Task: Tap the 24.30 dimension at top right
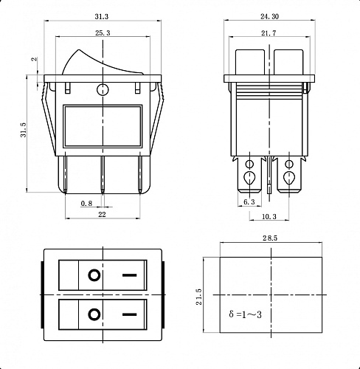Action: click(270, 15)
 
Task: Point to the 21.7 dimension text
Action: click(269, 33)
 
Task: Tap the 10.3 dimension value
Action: click(269, 216)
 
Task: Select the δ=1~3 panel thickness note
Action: click(246, 314)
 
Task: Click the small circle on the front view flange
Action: click(102, 90)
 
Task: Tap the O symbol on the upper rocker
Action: click(94, 276)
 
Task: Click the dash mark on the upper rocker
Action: click(130, 276)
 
